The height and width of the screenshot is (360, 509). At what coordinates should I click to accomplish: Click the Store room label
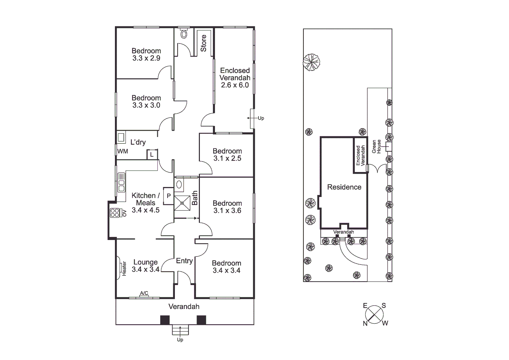pyautogui.click(x=203, y=43)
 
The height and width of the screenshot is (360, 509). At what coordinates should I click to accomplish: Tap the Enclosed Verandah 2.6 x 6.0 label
pyautogui.click(x=235, y=78)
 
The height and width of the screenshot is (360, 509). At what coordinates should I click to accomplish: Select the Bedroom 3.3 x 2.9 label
pyautogui.click(x=146, y=54)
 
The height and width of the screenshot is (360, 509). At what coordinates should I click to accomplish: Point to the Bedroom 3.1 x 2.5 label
pyautogui.click(x=227, y=155)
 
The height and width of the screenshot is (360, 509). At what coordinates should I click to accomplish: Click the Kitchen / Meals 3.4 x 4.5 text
pyautogui.click(x=146, y=203)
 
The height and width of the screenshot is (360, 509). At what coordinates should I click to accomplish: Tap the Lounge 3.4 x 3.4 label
pyautogui.click(x=146, y=266)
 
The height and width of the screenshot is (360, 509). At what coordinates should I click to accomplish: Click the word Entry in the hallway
pyautogui.click(x=184, y=261)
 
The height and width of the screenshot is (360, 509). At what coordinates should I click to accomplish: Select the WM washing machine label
pyautogui.click(x=123, y=151)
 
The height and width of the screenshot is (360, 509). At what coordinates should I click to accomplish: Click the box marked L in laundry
pyautogui.click(x=152, y=154)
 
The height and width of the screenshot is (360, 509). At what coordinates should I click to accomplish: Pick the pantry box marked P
pyautogui.click(x=169, y=196)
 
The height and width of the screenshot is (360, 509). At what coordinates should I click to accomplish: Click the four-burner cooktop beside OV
pyautogui.click(x=115, y=213)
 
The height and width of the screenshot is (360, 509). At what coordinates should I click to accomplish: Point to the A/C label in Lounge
pyautogui.click(x=144, y=293)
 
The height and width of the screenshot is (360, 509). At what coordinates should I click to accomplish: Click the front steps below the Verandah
pyautogui.click(x=180, y=330)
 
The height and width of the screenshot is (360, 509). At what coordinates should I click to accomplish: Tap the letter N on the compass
pyautogui.click(x=365, y=323)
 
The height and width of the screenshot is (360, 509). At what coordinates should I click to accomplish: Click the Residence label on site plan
pyautogui.click(x=344, y=187)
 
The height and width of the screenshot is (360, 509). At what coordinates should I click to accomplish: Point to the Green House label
pyautogui.click(x=376, y=147)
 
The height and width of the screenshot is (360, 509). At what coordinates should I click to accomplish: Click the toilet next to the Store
pyautogui.click(x=184, y=34)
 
